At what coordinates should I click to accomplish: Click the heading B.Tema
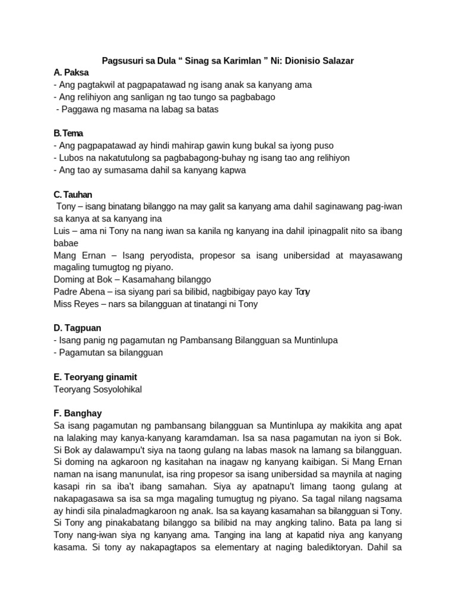pos(68,134)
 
